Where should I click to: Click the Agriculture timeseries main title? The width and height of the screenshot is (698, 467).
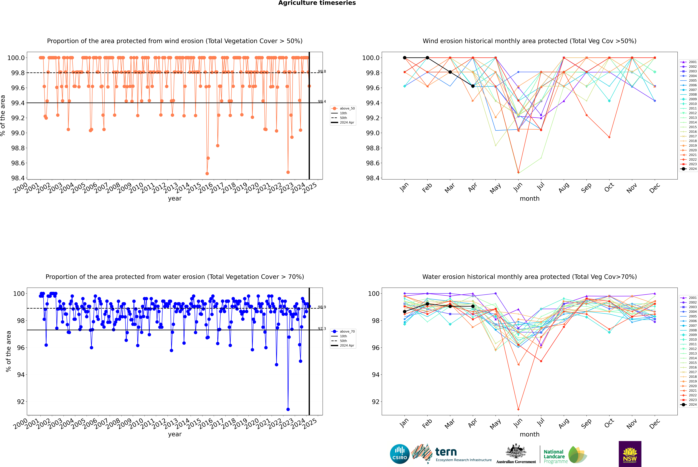tap(317, 3)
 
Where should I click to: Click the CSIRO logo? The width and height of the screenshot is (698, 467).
tap(400, 454)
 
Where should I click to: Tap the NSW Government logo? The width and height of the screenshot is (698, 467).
tap(630, 454)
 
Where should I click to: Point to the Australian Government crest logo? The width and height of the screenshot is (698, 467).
tap(516, 454)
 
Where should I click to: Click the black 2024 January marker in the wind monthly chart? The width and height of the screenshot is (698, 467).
tap(405, 58)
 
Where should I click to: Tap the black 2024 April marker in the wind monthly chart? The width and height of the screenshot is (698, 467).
tap(473, 86)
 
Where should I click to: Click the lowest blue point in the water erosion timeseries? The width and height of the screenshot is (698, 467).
tap(288, 409)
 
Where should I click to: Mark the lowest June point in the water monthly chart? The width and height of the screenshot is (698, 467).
tap(518, 409)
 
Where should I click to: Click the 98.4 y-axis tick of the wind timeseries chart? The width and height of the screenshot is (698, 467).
tap(18, 178)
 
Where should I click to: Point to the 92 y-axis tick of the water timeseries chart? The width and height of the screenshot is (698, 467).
tap(21, 402)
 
